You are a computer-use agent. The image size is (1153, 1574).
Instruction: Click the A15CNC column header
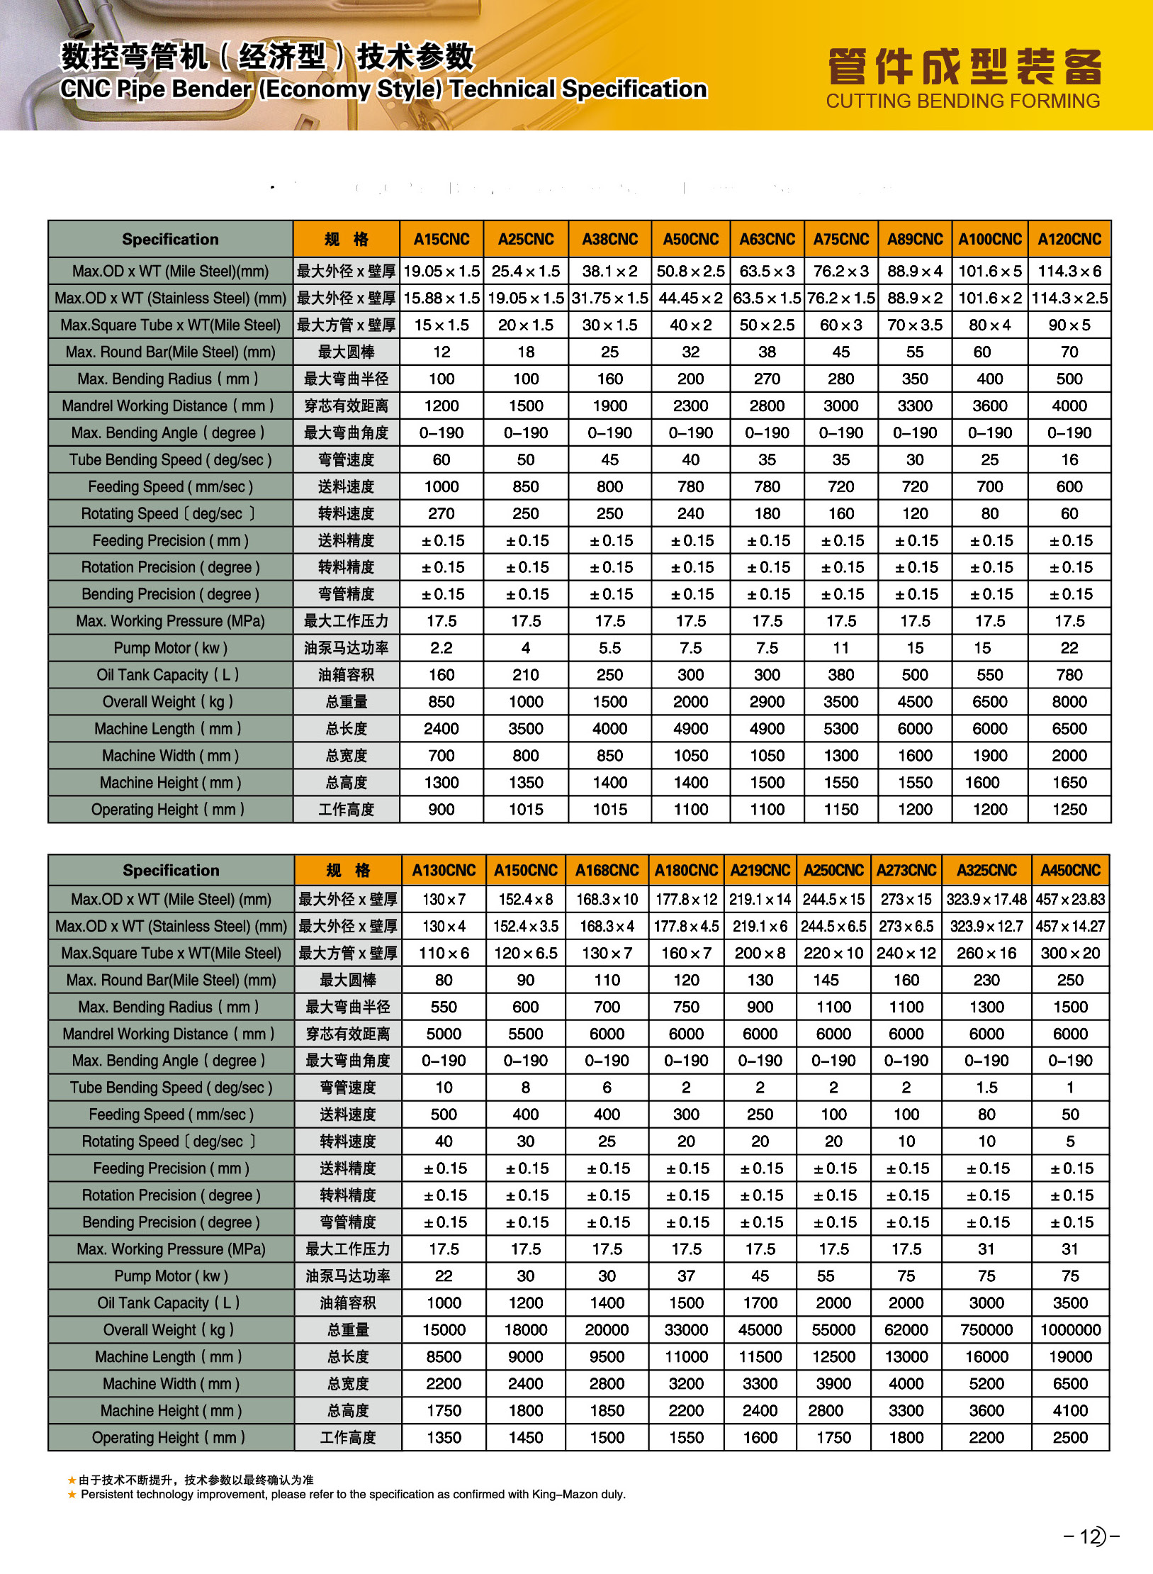click(x=441, y=239)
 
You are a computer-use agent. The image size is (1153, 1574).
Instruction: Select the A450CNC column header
click(x=1070, y=870)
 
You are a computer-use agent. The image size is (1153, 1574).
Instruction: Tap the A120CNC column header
click(x=1069, y=239)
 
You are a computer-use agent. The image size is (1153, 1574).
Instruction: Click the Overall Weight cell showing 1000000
click(x=1070, y=1329)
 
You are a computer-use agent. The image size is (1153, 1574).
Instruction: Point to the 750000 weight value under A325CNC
click(x=986, y=1329)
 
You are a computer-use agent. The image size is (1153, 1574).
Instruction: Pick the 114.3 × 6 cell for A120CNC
click(x=1069, y=271)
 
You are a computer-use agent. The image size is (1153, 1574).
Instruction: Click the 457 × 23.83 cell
click(x=1070, y=899)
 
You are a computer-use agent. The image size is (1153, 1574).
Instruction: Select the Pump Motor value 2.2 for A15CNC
click(x=441, y=647)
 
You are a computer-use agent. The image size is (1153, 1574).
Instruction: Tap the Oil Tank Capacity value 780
click(x=1069, y=674)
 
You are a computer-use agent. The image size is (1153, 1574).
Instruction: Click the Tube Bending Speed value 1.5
click(x=986, y=1087)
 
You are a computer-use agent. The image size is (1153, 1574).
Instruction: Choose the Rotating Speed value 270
click(x=441, y=513)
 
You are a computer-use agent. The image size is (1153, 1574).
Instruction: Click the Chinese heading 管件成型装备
click(x=964, y=67)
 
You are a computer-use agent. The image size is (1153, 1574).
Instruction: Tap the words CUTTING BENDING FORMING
click(x=963, y=101)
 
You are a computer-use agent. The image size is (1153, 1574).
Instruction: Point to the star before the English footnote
click(x=72, y=1494)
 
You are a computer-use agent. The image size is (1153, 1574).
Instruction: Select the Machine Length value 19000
click(x=1070, y=1356)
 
